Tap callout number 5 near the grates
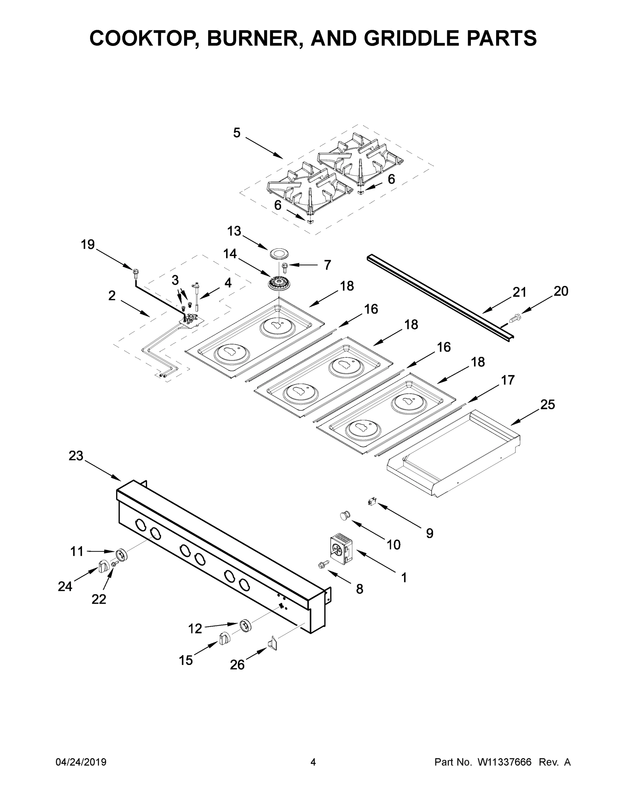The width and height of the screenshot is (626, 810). pyautogui.click(x=237, y=133)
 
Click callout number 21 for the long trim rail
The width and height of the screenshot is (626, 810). pyautogui.click(x=519, y=292)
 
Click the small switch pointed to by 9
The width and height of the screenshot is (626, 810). pyautogui.click(x=372, y=502)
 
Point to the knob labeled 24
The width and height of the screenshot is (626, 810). pyautogui.click(x=104, y=566)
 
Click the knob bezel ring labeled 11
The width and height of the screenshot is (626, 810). pyautogui.click(x=121, y=555)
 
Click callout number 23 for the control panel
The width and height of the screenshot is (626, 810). pyautogui.click(x=76, y=456)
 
